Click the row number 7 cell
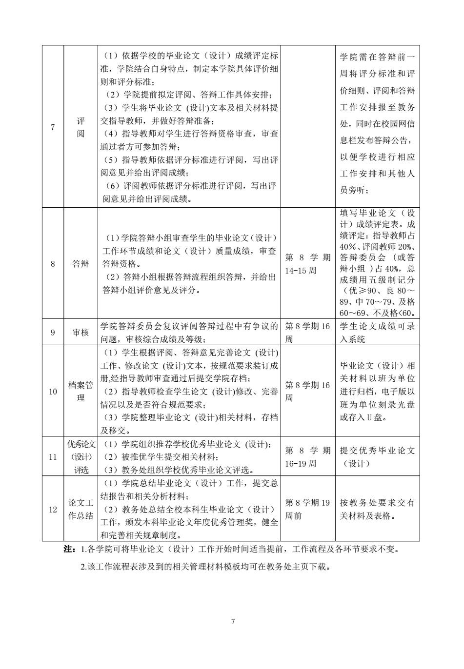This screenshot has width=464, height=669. [x=53, y=127]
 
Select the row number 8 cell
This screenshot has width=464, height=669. [x=53, y=264]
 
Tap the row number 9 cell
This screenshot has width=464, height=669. [x=53, y=333]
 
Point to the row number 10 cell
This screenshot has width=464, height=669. [x=53, y=391]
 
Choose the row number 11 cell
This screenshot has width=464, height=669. [x=53, y=457]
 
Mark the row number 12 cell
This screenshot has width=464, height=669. [x=53, y=510]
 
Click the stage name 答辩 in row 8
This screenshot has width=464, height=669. [x=81, y=264]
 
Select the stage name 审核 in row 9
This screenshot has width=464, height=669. [x=81, y=333]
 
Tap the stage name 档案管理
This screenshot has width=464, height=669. [x=81, y=392]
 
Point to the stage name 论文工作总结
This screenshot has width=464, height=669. [x=81, y=510]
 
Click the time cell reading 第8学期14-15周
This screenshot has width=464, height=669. [x=307, y=264]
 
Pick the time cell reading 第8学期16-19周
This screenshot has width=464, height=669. [x=307, y=457]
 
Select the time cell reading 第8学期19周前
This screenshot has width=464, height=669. [x=307, y=509]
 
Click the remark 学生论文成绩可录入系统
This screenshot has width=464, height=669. [x=377, y=333]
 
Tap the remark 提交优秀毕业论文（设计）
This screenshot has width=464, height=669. [x=377, y=457]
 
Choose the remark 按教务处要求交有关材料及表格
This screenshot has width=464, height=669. [x=377, y=509]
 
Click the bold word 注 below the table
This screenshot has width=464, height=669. [x=68, y=550]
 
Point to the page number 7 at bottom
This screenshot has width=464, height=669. [x=232, y=621]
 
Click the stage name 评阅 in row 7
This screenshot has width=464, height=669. [x=81, y=127]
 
